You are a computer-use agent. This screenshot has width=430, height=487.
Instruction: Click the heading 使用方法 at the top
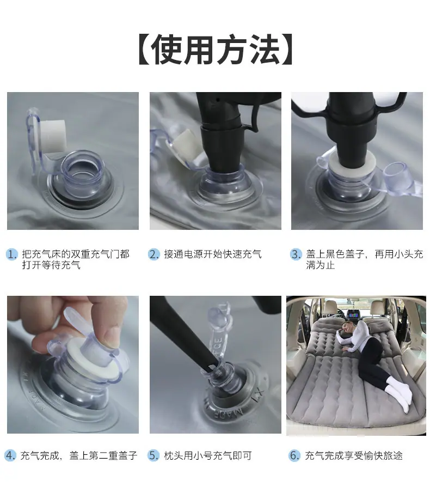[215, 50]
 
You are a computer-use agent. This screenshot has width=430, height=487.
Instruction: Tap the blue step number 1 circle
[11, 254]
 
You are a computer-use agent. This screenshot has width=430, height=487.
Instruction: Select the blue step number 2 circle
[153, 254]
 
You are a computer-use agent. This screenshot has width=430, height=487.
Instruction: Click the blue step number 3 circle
[296, 254]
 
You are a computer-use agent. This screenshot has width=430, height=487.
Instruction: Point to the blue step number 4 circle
[10, 455]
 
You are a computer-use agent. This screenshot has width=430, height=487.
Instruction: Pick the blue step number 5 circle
[153, 455]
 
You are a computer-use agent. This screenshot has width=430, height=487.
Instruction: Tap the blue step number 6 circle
[294, 455]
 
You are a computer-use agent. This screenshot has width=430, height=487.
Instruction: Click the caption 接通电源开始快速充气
[213, 254]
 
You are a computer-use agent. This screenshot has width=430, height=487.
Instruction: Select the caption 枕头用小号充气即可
[208, 455]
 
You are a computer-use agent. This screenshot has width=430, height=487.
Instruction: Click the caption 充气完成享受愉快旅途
[354, 455]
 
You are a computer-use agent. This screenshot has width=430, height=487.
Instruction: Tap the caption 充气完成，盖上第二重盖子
[79, 455]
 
